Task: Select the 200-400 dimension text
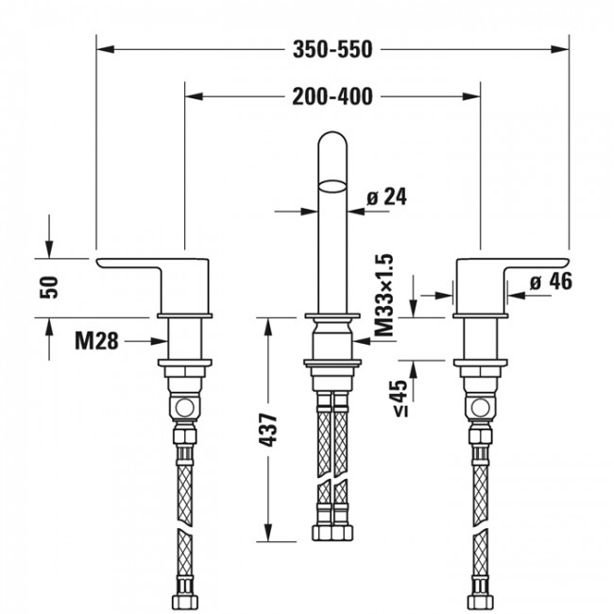[333, 95]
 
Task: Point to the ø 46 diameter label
[550, 281]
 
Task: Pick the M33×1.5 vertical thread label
[383, 296]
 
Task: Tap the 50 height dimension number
[53, 286]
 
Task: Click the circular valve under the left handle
[186, 409]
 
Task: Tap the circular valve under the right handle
[480, 409]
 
